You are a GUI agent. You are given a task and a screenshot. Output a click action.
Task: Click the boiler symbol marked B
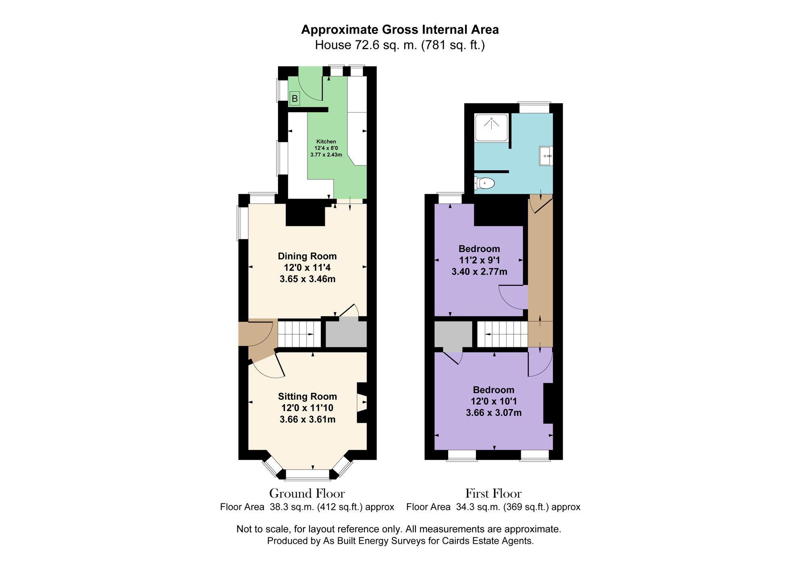295,98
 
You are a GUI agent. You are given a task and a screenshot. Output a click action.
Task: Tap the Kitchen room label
326,142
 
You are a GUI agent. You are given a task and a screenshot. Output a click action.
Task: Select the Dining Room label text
307,256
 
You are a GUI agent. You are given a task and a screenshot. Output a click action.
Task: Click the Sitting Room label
307,397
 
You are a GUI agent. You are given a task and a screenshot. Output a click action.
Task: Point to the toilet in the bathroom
485,183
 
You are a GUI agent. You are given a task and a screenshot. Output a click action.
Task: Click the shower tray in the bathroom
491,127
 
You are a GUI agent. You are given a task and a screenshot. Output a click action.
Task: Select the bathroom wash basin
546,156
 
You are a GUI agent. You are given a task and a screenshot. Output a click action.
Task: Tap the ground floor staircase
299,334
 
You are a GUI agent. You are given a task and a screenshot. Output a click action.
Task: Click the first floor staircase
503,334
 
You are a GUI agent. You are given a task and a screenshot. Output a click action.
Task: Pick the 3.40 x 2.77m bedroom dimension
479,272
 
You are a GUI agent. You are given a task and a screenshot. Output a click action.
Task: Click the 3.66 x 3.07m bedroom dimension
494,413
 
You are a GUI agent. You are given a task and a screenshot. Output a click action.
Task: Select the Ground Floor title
307,493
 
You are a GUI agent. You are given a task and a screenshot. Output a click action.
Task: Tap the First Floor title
493,493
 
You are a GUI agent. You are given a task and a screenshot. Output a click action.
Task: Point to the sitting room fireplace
362,403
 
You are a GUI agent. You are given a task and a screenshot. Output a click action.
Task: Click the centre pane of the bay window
307,475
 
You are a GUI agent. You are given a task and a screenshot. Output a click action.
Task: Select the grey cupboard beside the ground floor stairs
346,334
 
